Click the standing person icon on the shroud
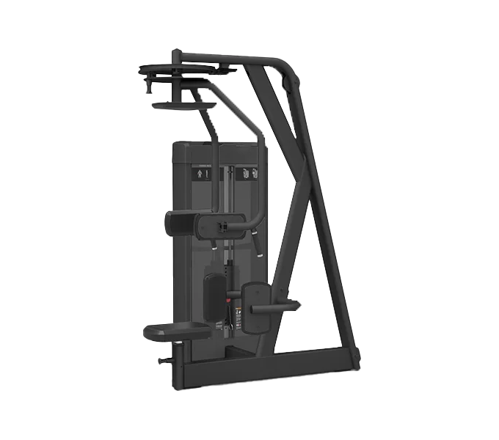(200, 175)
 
